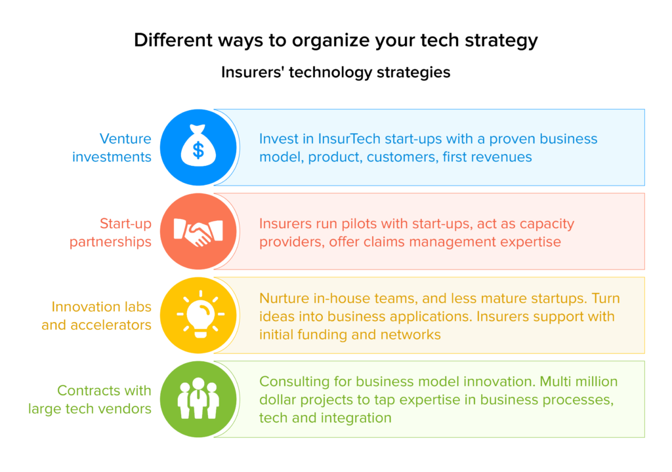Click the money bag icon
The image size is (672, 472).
(198, 145)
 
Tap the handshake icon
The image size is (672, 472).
(198, 232)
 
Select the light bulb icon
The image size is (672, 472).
(201, 315)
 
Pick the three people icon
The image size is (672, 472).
(198, 399)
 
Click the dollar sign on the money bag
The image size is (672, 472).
(198, 151)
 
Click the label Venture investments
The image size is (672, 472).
(112, 147)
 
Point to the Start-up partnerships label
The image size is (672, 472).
(110, 233)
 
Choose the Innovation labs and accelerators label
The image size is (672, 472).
(96, 316)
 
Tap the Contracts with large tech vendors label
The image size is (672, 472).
(89, 400)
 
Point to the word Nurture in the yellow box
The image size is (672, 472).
(284, 298)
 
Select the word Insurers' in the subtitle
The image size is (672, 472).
(253, 72)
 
